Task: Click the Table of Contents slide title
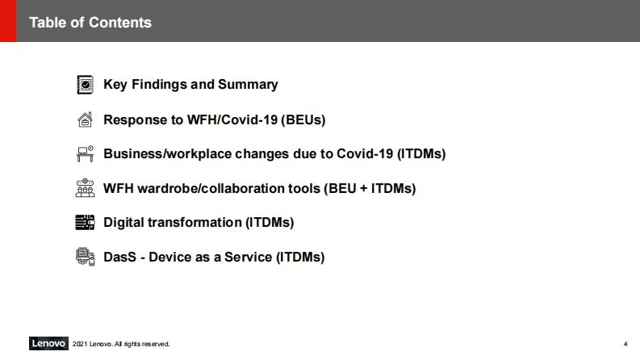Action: click(90, 23)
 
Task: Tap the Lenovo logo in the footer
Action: click(48, 344)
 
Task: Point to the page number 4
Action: click(625, 344)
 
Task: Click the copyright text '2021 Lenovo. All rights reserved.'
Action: click(121, 344)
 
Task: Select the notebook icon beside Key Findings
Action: click(86, 85)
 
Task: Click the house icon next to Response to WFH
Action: click(85, 119)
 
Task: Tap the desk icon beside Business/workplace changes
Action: click(85, 154)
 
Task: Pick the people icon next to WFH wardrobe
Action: click(85, 188)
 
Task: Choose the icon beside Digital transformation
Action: click(85, 223)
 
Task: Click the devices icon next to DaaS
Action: click(85, 257)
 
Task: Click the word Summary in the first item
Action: click(248, 85)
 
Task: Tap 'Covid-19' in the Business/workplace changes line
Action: click(365, 154)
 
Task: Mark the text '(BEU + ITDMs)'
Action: click(370, 189)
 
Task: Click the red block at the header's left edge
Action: click(8, 21)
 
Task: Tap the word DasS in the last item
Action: click(119, 257)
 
